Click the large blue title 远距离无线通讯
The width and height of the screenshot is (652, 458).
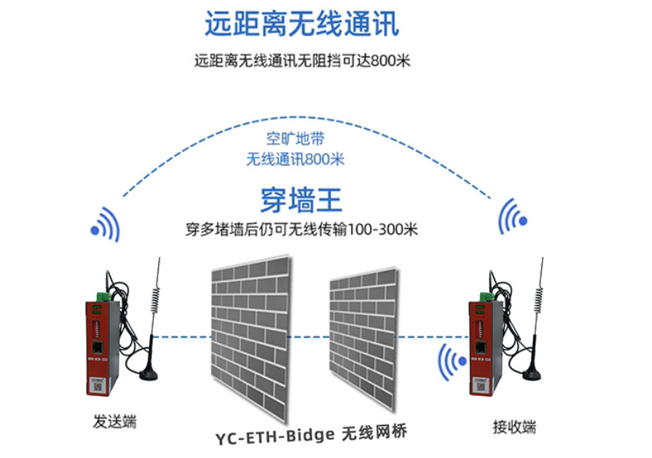click(302, 24)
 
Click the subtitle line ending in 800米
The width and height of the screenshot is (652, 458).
click(302, 60)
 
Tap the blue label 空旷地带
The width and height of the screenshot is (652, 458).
click(295, 138)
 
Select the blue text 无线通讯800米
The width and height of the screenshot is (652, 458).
click(295, 159)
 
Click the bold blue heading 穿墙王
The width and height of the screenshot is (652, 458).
click(301, 200)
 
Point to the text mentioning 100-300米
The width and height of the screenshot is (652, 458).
click(301, 229)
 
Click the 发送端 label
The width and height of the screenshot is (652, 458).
click(115, 421)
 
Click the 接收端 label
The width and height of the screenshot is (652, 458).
click(514, 427)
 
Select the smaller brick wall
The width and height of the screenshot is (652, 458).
click(363, 338)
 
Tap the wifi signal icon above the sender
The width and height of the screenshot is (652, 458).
click(106, 225)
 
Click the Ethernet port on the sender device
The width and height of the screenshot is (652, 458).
click(98, 346)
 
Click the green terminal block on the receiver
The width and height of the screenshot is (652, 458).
click(486, 297)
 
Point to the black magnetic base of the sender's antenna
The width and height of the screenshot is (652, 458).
click(148, 374)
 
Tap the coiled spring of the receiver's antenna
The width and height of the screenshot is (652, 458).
click(538, 300)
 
